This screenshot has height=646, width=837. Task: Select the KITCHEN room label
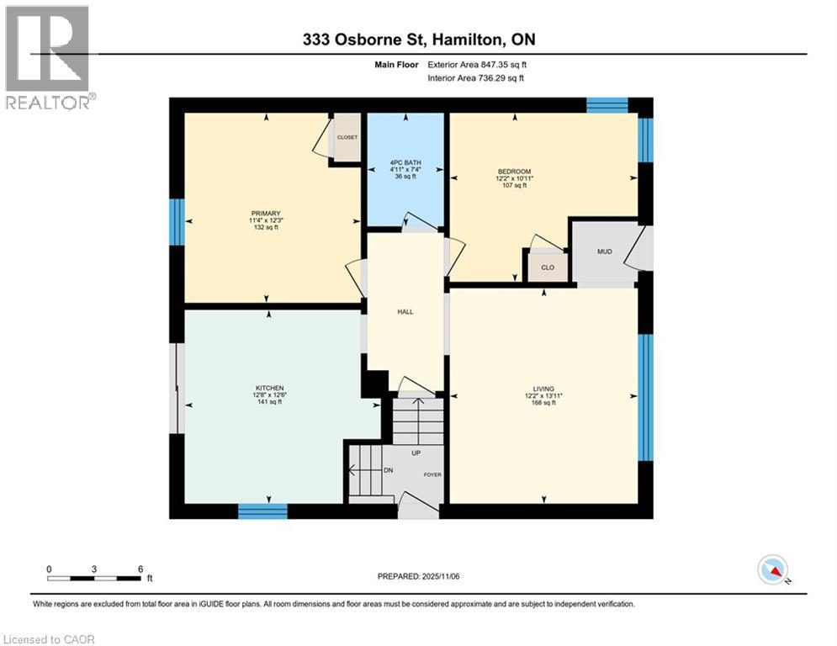(269, 388)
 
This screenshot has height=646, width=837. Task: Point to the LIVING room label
(543, 389)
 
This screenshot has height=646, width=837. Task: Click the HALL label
(405, 311)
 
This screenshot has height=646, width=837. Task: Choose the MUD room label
(604, 251)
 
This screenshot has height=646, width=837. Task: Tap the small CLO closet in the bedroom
(547, 267)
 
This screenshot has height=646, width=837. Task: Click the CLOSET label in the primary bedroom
(347, 137)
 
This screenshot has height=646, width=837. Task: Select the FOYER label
(432, 474)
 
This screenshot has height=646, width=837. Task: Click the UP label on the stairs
(416, 453)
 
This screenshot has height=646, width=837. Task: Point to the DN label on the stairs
(388, 470)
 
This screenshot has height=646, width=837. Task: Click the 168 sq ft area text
(543, 403)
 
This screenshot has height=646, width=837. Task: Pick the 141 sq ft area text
(269, 402)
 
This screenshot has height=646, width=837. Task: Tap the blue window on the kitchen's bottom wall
(262, 511)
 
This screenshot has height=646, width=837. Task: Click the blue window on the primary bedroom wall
(177, 221)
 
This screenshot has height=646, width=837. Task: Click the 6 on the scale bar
(140, 568)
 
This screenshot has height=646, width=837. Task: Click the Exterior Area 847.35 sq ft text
(477, 64)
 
